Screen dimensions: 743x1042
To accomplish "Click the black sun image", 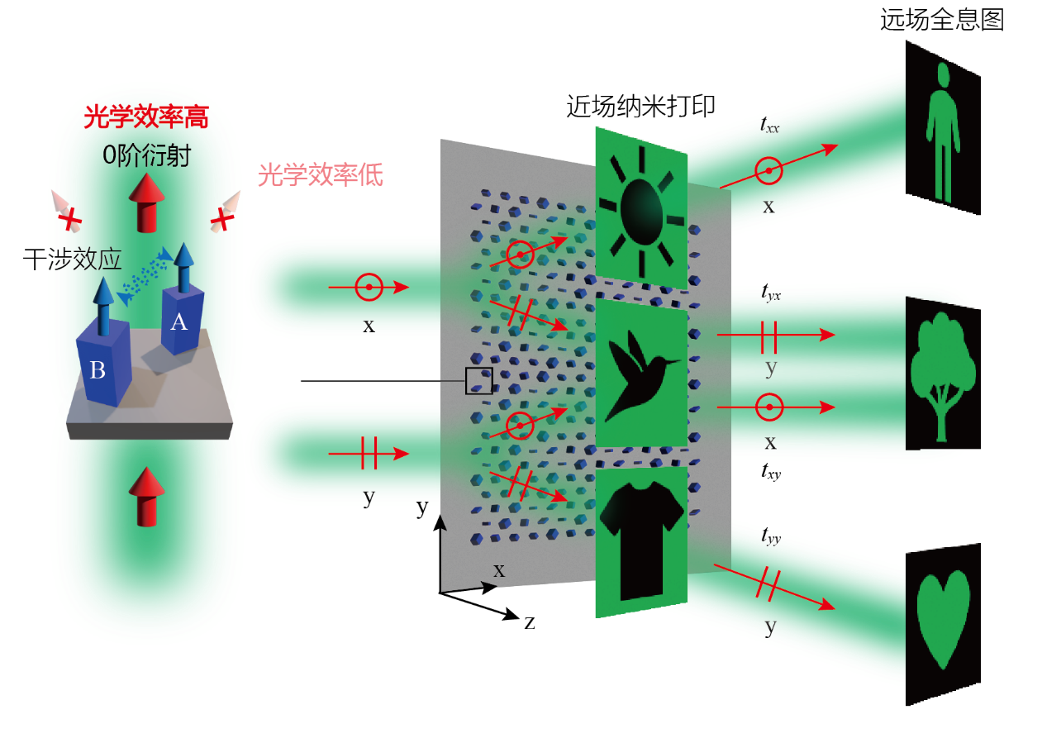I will [x=640, y=203].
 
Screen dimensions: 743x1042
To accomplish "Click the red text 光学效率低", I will [x=321, y=175].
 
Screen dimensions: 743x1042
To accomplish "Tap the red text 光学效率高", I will [x=145, y=117].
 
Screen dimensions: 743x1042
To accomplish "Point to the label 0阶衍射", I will [x=147, y=155].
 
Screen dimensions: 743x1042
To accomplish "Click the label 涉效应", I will [x=85, y=260].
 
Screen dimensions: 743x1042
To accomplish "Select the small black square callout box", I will [x=478, y=381].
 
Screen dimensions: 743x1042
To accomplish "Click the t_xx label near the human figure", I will [x=769, y=126].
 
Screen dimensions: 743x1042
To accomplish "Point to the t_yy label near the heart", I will [x=770, y=536].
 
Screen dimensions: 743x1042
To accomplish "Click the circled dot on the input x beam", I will [x=369, y=288].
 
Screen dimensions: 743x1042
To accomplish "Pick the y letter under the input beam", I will [x=369, y=497].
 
